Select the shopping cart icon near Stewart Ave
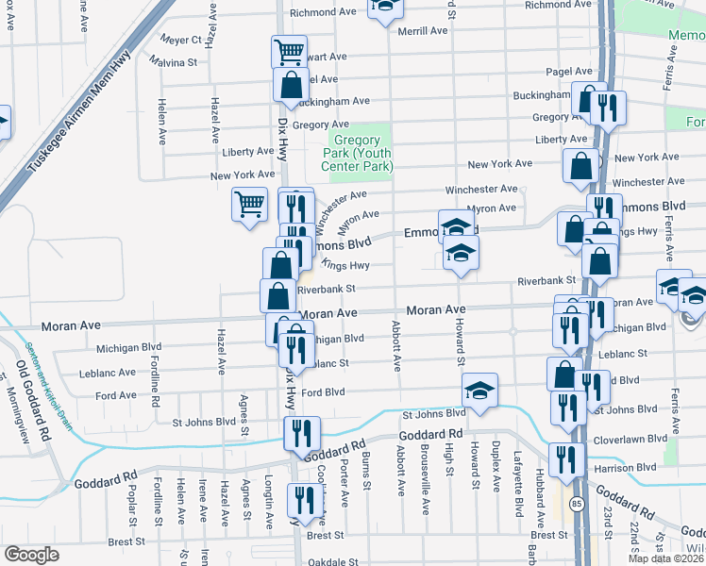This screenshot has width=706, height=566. (x=289, y=50)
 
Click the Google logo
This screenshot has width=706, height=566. (x=31, y=555)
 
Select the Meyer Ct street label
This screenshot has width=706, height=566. (x=181, y=40)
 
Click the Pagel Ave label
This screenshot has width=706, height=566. (x=568, y=72)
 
